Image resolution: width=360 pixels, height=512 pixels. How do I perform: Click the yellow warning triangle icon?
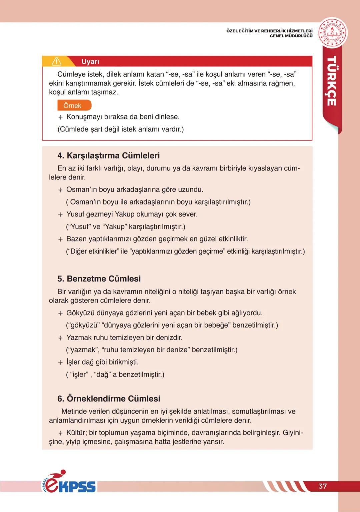(x=57, y=61)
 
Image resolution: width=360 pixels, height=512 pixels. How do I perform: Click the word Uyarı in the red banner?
(x=90, y=62)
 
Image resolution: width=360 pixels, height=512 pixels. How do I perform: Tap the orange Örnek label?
(x=73, y=105)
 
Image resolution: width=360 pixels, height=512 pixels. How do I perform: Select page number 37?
(x=322, y=486)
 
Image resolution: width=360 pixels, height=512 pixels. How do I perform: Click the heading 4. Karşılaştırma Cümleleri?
(x=108, y=155)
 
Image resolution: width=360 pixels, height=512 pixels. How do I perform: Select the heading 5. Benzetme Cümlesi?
(x=99, y=279)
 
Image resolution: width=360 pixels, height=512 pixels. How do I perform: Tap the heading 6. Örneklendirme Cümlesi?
(x=109, y=399)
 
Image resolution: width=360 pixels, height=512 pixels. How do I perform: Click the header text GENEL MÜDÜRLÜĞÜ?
(x=291, y=36)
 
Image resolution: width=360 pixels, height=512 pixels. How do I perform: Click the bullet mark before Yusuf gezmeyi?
(x=60, y=214)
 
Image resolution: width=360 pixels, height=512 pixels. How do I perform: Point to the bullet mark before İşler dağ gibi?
(x=60, y=363)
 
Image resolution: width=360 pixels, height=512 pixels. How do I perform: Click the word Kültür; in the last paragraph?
(x=77, y=433)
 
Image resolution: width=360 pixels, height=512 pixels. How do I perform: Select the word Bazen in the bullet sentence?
(x=76, y=239)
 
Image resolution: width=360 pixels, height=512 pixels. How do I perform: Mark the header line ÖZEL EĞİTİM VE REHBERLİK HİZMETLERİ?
(x=269, y=31)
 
